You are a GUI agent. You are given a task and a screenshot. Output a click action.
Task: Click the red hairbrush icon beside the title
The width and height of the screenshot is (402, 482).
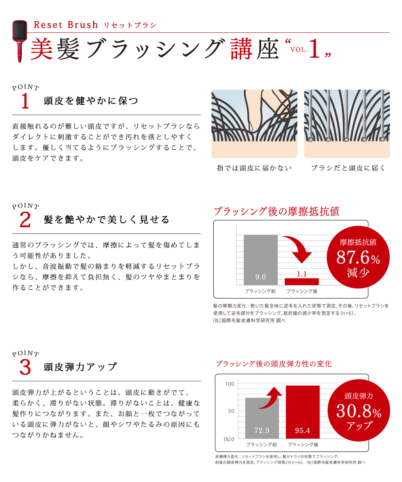point(19,41)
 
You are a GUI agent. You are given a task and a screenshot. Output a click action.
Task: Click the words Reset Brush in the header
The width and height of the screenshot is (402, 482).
point(66,25)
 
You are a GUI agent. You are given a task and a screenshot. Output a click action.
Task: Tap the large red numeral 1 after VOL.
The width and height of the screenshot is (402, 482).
point(314,49)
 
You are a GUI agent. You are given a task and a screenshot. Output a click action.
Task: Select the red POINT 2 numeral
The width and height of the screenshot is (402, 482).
point(25,220)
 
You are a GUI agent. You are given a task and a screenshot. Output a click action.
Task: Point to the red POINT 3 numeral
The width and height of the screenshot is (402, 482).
point(25,367)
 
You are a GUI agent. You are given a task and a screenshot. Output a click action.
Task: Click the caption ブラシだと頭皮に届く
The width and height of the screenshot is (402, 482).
point(348,168)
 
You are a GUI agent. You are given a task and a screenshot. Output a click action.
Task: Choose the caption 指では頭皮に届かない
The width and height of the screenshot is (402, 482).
point(254,168)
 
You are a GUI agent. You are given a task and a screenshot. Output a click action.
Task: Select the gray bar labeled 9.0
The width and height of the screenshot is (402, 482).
point(260,260)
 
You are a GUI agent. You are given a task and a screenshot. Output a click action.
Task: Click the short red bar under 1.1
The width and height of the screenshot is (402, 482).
point(301,281)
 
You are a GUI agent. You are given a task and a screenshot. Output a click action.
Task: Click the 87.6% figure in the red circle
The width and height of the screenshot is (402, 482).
point(358,258)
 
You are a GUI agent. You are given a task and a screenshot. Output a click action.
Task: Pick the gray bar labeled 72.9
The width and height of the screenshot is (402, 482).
point(262,418)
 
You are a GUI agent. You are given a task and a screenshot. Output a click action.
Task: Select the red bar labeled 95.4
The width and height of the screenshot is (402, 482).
point(303,412)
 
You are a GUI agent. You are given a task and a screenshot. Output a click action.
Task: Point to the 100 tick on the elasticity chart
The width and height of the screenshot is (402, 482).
point(230,384)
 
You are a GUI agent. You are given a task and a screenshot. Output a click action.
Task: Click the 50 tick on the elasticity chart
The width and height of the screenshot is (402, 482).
point(231,411)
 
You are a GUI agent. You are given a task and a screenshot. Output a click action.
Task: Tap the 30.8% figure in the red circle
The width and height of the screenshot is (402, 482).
point(359,411)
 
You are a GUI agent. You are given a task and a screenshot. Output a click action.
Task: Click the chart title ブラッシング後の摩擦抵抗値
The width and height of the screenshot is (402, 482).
point(276,211)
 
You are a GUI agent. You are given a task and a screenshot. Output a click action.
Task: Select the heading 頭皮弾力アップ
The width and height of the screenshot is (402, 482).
point(80,367)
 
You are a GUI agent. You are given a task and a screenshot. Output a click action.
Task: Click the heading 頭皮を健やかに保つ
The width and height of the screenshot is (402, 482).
point(91,100)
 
